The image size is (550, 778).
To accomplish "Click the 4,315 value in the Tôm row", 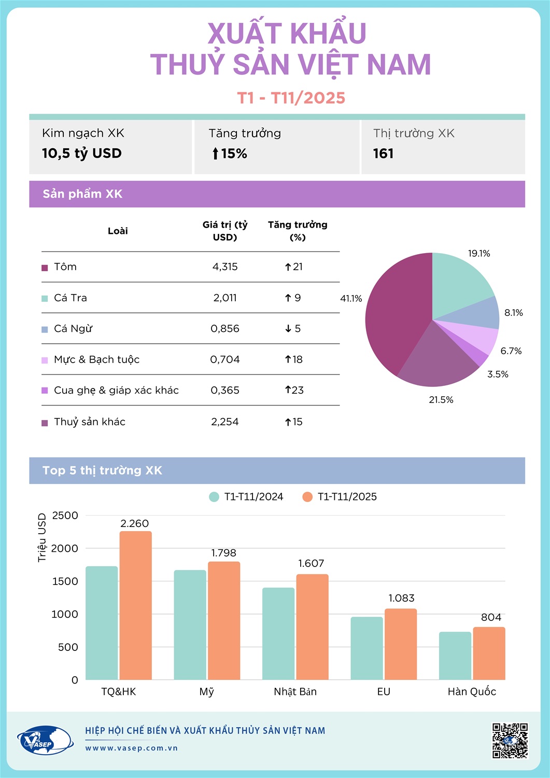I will pyautogui.click(x=225, y=267).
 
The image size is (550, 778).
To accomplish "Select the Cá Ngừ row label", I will pyautogui.click(x=73, y=328).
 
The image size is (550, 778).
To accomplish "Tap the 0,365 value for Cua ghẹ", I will pyautogui.click(x=225, y=390).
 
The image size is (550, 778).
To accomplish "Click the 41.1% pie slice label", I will pyautogui.click(x=351, y=298).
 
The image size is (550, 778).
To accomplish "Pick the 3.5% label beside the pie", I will pyautogui.click(x=498, y=374).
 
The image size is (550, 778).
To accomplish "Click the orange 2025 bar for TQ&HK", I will pyautogui.click(x=136, y=605).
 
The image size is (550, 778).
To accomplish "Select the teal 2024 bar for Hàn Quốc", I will pyautogui.click(x=455, y=656).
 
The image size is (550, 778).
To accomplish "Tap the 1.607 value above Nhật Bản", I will pyautogui.click(x=311, y=563).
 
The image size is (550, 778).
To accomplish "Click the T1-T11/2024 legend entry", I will pyautogui.click(x=247, y=496).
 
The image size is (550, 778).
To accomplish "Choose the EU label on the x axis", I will pyautogui.click(x=384, y=691).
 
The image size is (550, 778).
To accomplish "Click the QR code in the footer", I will pyautogui.click(x=510, y=741).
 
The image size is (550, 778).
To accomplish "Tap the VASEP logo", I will pyautogui.click(x=45, y=740).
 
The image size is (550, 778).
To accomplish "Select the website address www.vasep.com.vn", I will pyautogui.click(x=132, y=748).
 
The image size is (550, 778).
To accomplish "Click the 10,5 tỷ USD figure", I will pyautogui.click(x=82, y=153).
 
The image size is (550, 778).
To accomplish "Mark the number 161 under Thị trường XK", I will pyautogui.click(x=383, y=154).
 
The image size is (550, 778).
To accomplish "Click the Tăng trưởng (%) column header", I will pyautogui.click(x=298, y=231).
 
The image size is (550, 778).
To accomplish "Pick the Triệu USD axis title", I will pyautogui.click(x=42, y=537).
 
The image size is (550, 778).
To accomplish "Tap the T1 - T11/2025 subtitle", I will pyautogui.click(x=291, y=98).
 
